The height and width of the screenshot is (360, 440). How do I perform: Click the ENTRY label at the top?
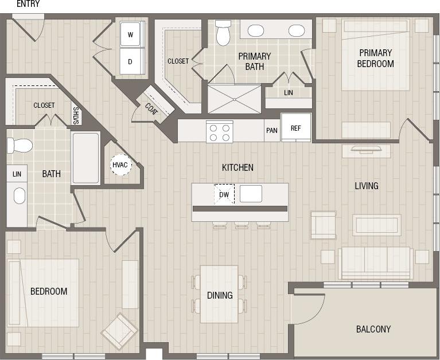(28, 4)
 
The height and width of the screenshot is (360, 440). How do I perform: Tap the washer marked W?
(131, 34)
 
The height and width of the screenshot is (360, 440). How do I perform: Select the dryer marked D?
(131, 61)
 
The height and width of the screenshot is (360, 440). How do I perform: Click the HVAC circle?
(120, 165)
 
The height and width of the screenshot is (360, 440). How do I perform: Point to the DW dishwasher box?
(224, 194)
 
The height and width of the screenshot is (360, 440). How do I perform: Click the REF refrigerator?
(295, 128)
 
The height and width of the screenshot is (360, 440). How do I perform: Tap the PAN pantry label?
(272, 130)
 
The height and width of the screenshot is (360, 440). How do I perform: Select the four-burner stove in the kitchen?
(219, 132)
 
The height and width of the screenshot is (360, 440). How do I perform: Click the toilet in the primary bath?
(223, 33)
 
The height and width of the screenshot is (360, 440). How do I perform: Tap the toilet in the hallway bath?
(19, 145)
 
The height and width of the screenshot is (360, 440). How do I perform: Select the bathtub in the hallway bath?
(85, 158)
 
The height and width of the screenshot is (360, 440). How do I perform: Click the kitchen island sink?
(251, 194)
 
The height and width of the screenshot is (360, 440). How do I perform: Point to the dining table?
(219, 294)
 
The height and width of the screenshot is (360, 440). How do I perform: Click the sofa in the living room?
(376, 263)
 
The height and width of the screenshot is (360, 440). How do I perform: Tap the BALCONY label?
(373, 329)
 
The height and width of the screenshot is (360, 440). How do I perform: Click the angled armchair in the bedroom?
(119, 331)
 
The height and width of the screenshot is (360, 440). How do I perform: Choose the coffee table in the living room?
(376, 225)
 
